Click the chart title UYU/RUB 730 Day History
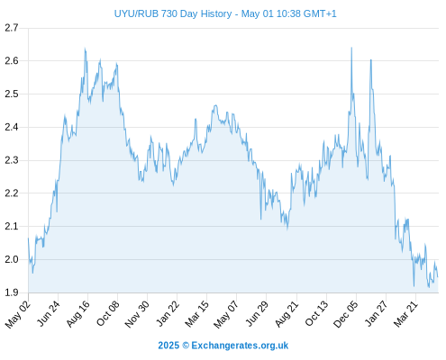coord(173,13)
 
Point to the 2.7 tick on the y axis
coord(12,28)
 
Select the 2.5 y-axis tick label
coord(12,94)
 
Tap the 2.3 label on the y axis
coord(12,160)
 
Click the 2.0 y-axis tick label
coord(12,259)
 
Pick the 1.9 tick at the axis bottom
coord(12,292)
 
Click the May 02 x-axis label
coord(18,314)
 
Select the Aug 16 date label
coord(78,314)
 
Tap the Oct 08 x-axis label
coord(108,313)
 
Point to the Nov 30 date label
coord(137,314)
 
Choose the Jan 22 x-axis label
coord(168,313)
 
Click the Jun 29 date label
coord(257,313)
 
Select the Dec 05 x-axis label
coord(346,314)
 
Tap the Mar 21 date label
coord(405,314)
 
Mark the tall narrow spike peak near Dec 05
coord(351,48)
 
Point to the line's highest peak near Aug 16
coord(85,48)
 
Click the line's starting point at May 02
coord(29,238)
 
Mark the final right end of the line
coord(438,276)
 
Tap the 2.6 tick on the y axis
coord(12,61)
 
